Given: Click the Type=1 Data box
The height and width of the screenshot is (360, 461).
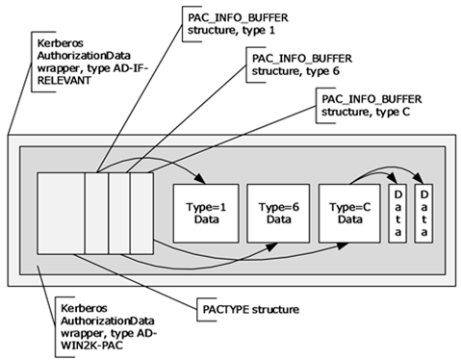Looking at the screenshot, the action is click(x=206, y=214).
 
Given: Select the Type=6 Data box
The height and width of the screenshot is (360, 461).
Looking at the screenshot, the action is click(x=278, y=214).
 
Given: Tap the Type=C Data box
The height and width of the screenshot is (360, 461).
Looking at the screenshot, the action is click(x=349, y=214).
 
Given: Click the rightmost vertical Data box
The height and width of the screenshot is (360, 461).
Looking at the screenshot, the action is click(x=423, y=214).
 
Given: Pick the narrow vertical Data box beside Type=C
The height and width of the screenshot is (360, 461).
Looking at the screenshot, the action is click(x=397, y=214).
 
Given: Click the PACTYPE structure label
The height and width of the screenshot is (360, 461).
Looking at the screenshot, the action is click(x=251, y=310).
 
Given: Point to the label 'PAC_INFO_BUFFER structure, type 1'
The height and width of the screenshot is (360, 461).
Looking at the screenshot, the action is click(x=238, y=24).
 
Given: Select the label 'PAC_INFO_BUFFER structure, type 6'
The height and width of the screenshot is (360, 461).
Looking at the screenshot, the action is click(x=302, y=64).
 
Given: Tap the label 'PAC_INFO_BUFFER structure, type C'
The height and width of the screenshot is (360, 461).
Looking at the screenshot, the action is click(x=371, y=106).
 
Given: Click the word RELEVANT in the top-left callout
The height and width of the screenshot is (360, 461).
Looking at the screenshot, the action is click(x=64, y=81).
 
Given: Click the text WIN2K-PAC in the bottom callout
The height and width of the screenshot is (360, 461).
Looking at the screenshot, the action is click(x=91, y=346).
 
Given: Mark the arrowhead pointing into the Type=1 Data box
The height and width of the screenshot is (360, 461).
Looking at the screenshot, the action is click(x=200, y=179).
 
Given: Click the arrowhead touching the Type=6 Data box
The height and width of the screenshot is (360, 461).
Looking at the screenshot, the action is click(x=271, y=246).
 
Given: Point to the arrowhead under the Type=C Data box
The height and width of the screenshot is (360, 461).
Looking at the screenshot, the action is click(x=342, y=245).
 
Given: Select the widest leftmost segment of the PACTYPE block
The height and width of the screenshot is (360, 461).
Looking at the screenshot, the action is click(x=61, y=214).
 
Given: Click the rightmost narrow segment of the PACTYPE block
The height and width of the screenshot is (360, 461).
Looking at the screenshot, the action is click(x=141, y=214).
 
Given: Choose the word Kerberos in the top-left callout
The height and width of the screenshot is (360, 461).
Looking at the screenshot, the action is click(x=61, y=43).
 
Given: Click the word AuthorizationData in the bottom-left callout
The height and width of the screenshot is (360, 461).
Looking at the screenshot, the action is click(x=108, y=321).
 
